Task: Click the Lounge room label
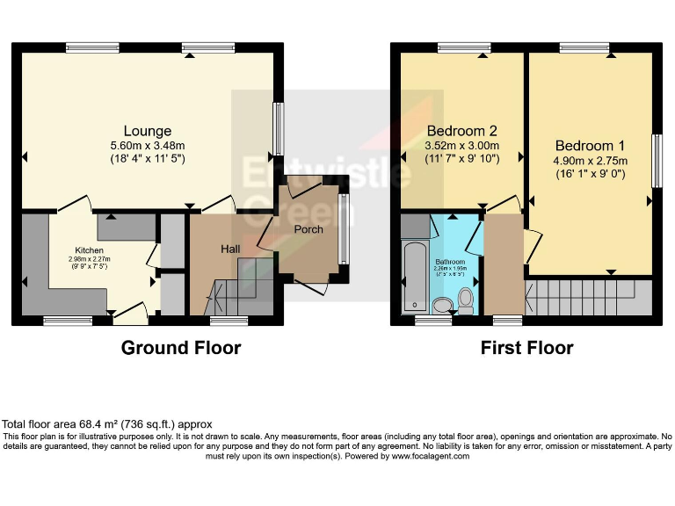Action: (147, 132)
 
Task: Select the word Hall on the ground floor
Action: (230, 249)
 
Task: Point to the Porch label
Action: (308, 229)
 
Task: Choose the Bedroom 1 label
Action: (590, 146)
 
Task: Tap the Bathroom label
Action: (450, 261)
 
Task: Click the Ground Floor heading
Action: (180, 348)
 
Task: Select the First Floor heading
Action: (526, 348)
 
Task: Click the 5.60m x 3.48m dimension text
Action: (147, 146)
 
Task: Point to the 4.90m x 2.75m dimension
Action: (590, 161)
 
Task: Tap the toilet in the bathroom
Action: (466, 300)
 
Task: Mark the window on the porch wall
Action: (344, 228)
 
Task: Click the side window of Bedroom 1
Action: (655, 161)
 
